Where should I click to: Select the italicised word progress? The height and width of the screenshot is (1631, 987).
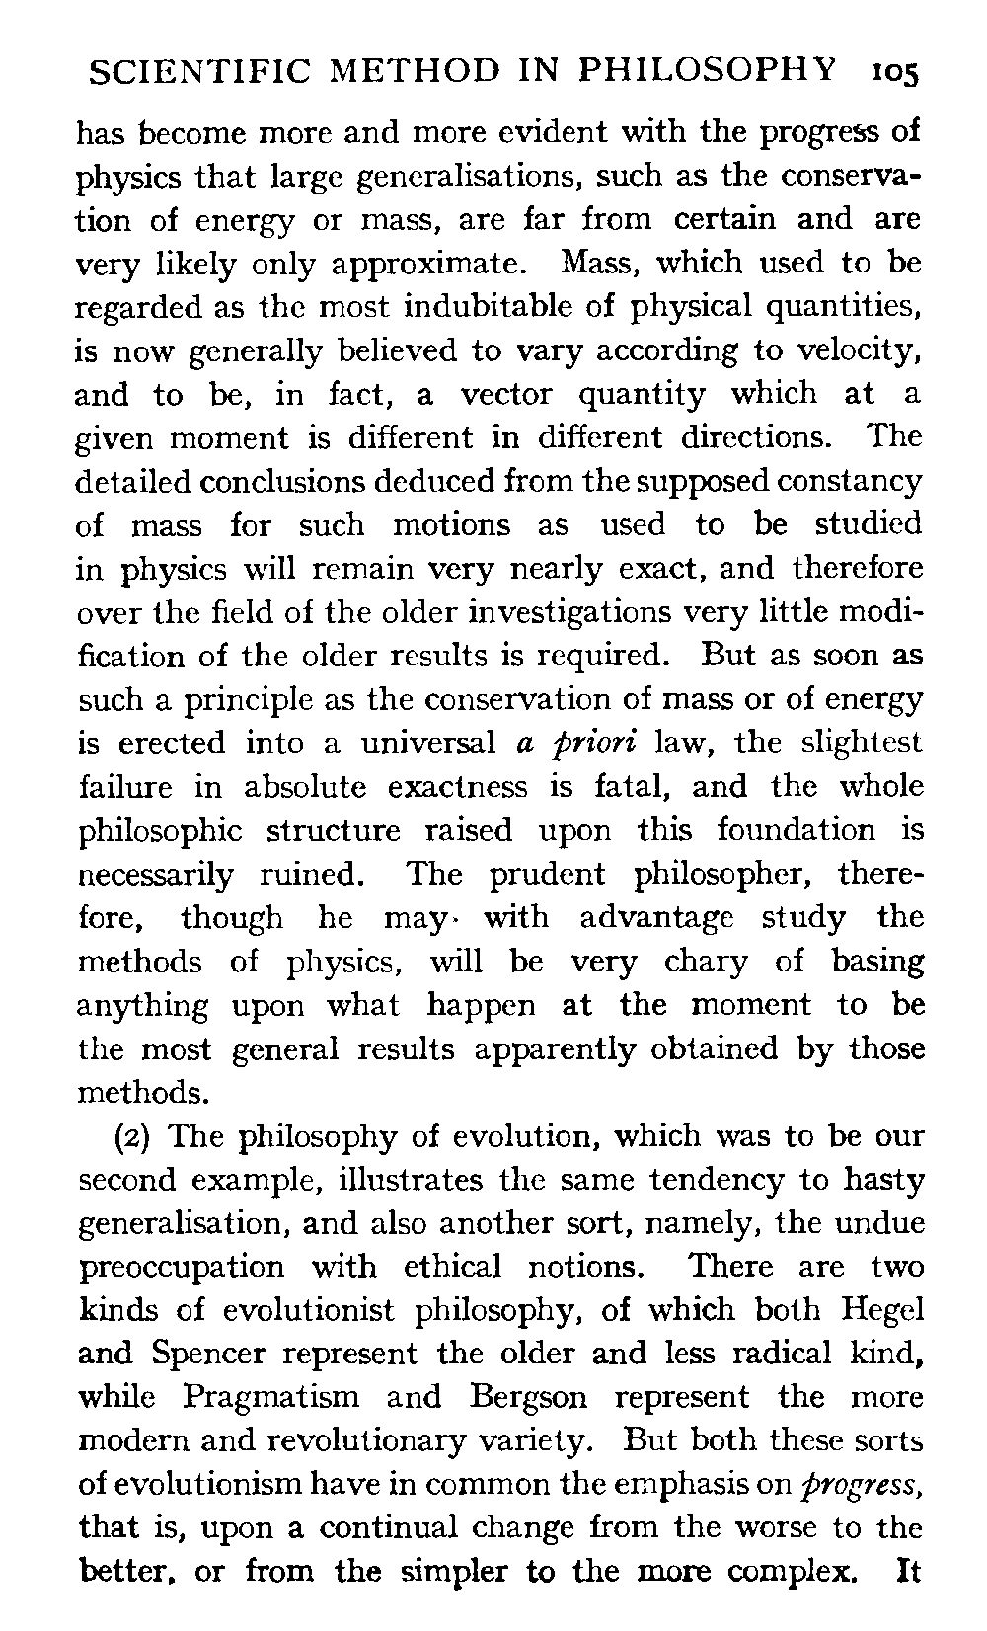coord(867,1485)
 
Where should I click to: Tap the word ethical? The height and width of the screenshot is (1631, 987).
coord(464,1266)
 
